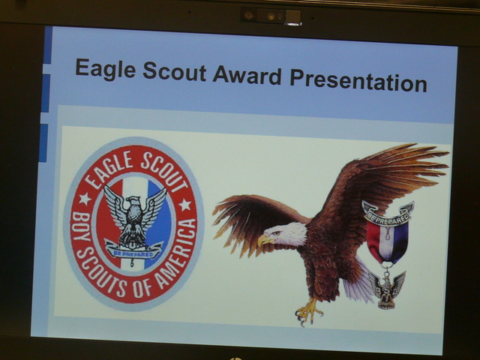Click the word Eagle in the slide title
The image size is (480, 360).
(x=105, y=69)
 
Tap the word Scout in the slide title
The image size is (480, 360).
(x=175, y=71)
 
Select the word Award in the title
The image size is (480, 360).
(x=247, y=75)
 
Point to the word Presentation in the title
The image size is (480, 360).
(x=358, y=80)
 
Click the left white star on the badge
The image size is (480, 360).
(x=85, y=199)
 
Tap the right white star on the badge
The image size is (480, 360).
(x=184, y=205)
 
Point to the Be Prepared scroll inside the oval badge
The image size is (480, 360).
(x=133, y=251)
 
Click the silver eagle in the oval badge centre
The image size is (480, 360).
(x=135, y=217)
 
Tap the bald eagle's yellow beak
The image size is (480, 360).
(x=264, y=240)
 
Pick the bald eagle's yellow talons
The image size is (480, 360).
(x=308, y=312)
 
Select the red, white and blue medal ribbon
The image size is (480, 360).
(x=387, y=241)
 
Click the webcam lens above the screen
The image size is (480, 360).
(x=271, y=16)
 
